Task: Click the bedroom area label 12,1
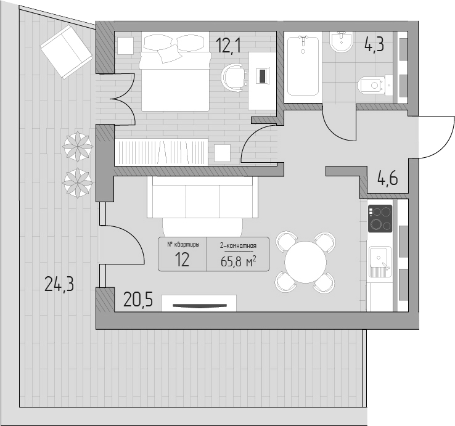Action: click(228, 46)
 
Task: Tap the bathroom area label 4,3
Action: click(374, 44)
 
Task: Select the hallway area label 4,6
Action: click(387, 178)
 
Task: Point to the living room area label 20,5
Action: click(138, 300)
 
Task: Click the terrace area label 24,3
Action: click(59, 284)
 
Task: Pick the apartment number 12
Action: click(182, 260)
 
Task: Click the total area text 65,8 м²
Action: click(239, 261)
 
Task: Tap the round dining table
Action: click(305, 262)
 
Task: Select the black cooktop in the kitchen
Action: click(380, 218)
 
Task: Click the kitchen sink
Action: click(380, 263)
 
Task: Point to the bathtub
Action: click(303, 66)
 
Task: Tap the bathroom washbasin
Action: click(342, 42)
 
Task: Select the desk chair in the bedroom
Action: click(234, 78)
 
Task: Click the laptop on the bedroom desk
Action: click(263, 76)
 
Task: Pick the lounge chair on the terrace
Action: click(67, 52)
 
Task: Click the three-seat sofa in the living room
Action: click(203, 197)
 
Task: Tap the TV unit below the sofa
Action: click(199, 303)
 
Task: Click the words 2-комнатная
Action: click(238, 246)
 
